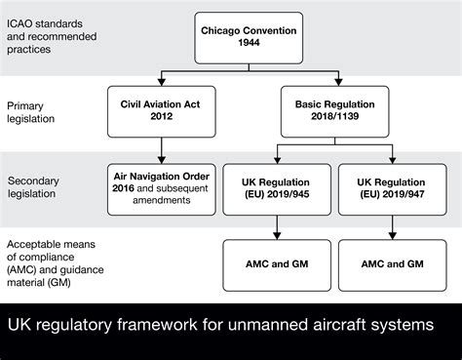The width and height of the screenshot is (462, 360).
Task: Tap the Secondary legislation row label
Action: [x=39, y=188]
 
